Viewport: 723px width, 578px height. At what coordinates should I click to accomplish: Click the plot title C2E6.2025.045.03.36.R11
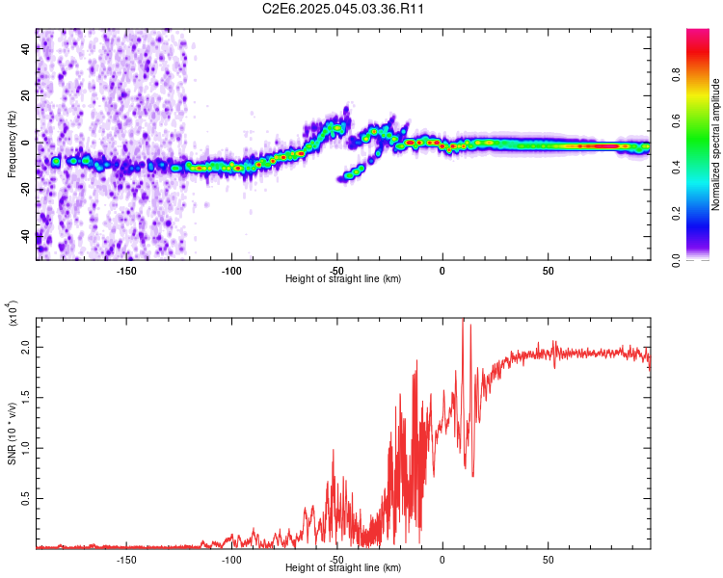point(344,9)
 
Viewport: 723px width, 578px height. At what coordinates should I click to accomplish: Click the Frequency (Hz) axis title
point(12,144)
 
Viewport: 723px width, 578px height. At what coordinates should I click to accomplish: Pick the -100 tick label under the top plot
point(231,270)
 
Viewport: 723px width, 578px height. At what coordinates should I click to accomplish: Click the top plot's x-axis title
point(343,279)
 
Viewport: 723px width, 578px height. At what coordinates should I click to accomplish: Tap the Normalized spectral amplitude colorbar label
point(715,144)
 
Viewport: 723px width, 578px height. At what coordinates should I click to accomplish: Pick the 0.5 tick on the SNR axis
point(25,498)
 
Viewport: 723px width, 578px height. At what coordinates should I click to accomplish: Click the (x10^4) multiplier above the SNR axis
point(13,315)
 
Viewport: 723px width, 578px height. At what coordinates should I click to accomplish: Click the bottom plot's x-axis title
point(343,568)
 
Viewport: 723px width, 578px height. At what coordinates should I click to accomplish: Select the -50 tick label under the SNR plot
point(336,559)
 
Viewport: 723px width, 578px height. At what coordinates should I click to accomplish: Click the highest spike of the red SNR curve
point(464,321)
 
